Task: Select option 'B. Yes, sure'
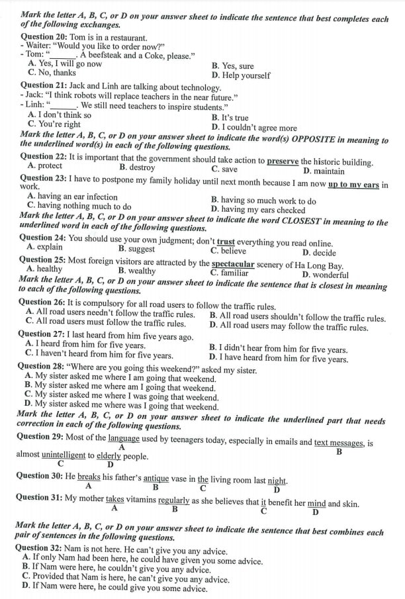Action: tap(232, 66)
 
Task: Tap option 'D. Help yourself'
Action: tap(241, 75)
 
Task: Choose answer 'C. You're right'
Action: tap(54, 124)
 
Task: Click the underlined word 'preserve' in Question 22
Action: tap(283, 161)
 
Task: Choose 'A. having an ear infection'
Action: tap(72, 197)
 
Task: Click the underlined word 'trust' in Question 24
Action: tap(226, 243)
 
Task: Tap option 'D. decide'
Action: tap(319, 253)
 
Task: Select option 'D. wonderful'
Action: tap(325, 275)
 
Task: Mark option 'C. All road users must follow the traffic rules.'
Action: tap(106, 324)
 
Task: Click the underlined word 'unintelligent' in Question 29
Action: tap(64, 455)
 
